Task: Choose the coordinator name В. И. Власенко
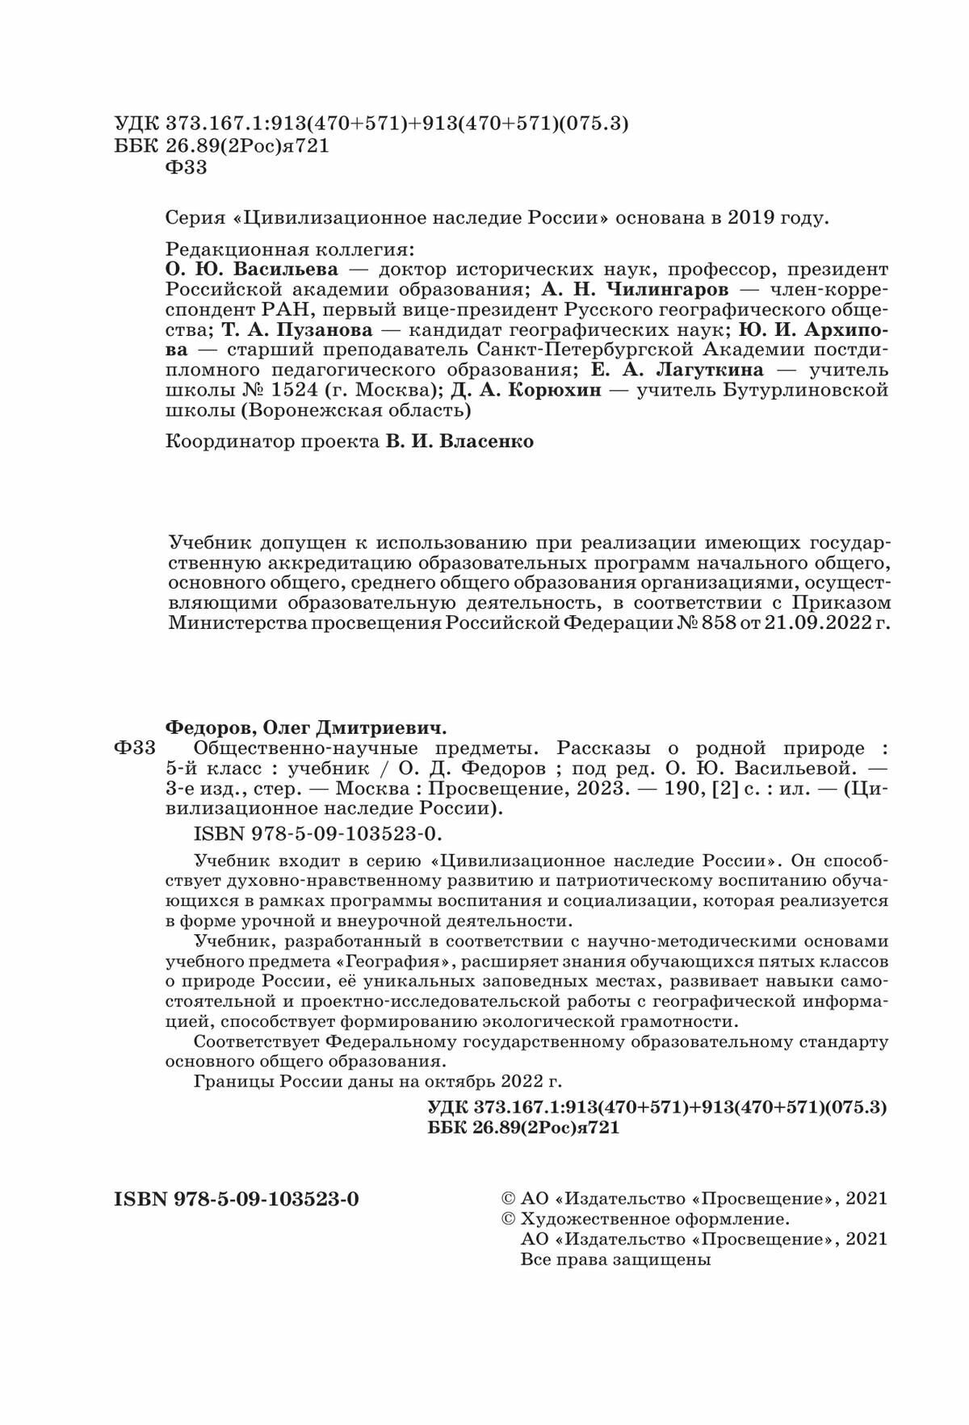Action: click(x=457, y=442)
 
